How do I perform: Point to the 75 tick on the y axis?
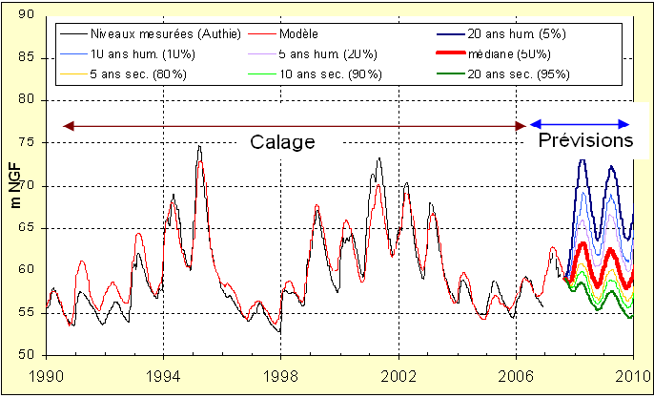click(x=27, y=143)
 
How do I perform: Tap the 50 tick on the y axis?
click(x=27, y=355)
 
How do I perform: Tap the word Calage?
click(x=282, y=142)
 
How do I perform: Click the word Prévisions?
click(x=585, y=140)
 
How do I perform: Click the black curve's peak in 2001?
click(x=378, y=158)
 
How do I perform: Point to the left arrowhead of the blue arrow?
click(x=533, y=124)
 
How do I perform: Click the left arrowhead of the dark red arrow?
click(x=66, y=125)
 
